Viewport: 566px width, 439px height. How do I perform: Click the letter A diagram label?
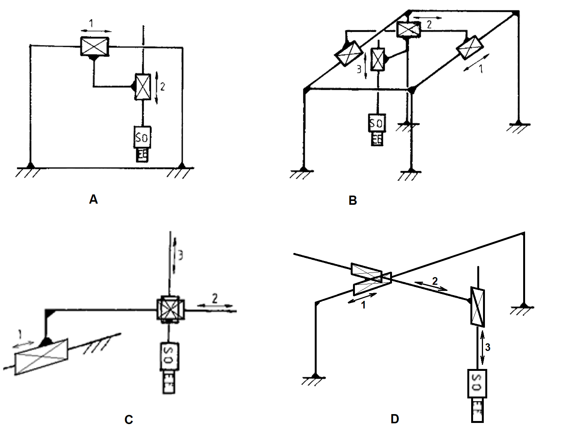click(93, 199)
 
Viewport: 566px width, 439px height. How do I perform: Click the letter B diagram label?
click(353, 200)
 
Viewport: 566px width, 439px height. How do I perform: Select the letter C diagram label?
click(128, 420)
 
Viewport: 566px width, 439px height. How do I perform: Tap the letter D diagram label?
click(395, 419)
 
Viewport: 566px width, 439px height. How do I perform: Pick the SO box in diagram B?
click(377, 123)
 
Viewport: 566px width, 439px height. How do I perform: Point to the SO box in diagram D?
click(477, 383)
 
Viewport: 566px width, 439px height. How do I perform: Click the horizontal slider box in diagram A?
click(94, 46)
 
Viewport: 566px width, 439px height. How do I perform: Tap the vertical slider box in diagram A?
click(143, 87)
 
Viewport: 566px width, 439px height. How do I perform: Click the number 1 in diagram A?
click(91, 24)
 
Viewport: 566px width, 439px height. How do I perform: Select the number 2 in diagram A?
click(163, 87)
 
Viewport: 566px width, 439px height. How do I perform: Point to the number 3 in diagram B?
click(359, 70)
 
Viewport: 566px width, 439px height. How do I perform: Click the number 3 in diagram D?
click(488, 348)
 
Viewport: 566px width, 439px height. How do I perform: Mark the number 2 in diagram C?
click(215, 298)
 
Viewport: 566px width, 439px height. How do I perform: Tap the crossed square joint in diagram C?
click(171, 310)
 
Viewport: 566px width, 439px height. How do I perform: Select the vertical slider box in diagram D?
click(477, 307)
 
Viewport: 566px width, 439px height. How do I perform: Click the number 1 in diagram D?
click(364, 305)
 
